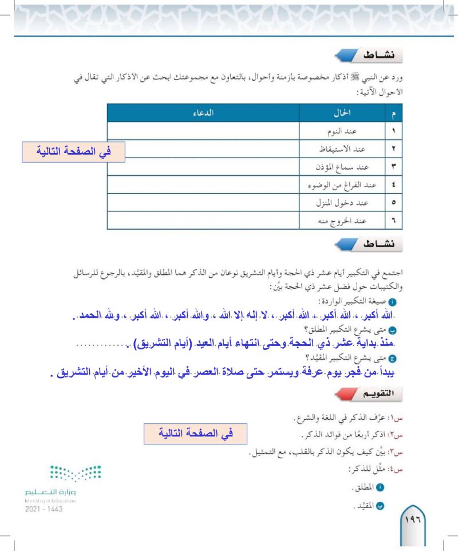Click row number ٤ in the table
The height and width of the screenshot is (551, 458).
(394, 185)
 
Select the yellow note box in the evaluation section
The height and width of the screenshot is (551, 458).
(195, 433)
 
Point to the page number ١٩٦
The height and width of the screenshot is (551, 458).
(413, 520)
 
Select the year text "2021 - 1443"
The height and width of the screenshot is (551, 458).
(45, 509)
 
